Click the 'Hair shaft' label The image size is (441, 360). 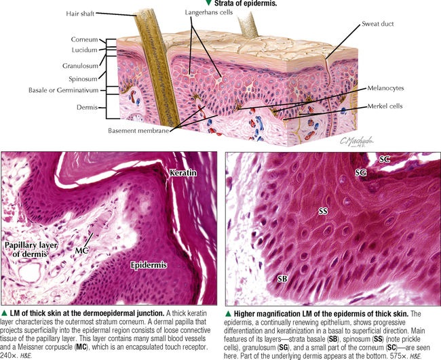click(80, 14)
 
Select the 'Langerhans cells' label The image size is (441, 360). click(209, 12)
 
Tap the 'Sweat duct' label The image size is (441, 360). click(377, 24)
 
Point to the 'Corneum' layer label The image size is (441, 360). click(84, 39)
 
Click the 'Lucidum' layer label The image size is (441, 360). click(84, 50)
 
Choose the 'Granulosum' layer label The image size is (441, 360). click(81, 66)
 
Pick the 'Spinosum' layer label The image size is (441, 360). click(83, 79)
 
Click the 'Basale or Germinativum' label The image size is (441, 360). click(64, 90)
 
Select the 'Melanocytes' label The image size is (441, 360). click(385, 88)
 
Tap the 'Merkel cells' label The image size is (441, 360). click(385, 106)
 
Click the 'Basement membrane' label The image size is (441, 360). click(138, 131)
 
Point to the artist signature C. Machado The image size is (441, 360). click(357, 141)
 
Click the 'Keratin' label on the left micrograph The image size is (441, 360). click(183, 173)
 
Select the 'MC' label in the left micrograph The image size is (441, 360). click(82, 250)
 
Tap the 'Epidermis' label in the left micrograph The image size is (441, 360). click(149, 265)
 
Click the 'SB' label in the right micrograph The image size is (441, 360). click(282, 279)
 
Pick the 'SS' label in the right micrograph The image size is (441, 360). click(323, 211)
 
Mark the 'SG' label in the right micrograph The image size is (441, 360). click(360, 172)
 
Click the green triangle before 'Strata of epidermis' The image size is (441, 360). click(208, 3)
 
